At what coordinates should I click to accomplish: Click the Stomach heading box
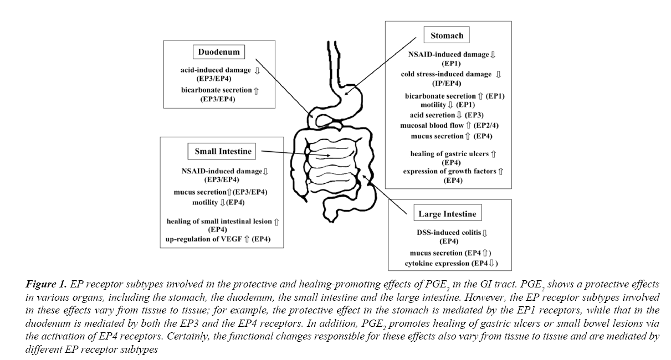447,36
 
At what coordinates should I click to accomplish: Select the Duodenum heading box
219,53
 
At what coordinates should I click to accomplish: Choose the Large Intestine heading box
447,214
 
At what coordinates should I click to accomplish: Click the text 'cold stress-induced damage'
446,74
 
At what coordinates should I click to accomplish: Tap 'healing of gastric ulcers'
450,153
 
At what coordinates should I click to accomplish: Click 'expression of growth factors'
449,172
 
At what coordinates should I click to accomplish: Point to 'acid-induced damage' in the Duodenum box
215,70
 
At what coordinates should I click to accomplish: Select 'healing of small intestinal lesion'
219,222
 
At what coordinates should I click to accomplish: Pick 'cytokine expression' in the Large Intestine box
436,263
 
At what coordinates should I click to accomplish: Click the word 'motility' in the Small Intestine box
205,203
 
